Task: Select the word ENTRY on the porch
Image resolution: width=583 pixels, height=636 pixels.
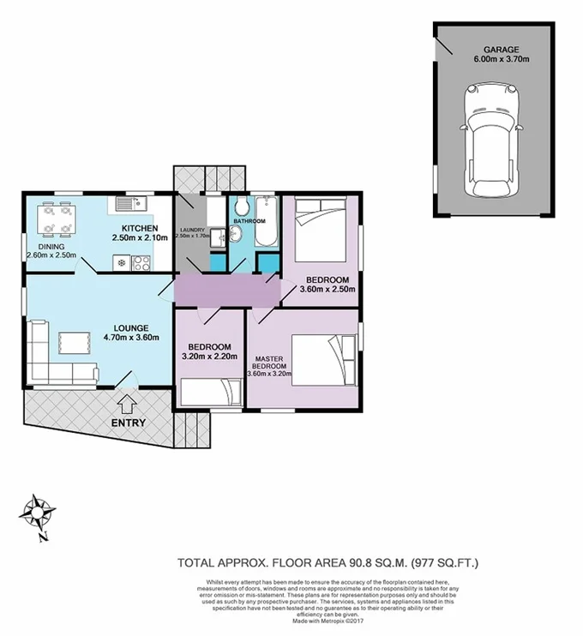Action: (x=128, y=423)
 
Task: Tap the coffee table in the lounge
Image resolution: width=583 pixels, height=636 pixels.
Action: (x=75, y=342)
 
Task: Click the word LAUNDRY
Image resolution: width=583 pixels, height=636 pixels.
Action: (x=192, y=229)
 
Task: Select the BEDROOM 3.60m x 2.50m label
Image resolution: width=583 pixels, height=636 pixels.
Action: (x=327, y=285)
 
